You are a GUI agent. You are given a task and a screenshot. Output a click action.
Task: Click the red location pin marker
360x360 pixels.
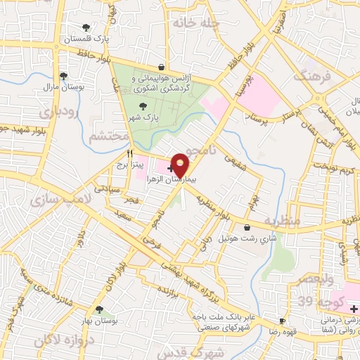(x=181, y=165)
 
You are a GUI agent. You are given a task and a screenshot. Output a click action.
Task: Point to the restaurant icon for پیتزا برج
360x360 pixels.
(x=129, y=153)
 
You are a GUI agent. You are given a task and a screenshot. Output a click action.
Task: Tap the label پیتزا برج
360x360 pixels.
(x=130, y=164)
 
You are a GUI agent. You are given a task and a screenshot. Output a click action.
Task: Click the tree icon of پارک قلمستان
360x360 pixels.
(x=86, y=27)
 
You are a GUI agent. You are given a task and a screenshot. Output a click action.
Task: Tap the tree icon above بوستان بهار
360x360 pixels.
(x=98, y=309)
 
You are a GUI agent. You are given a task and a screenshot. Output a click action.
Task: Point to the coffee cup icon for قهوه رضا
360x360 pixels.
(x=283, y=321)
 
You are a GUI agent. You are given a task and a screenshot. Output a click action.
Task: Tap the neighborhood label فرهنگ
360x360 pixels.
(x=312, y=75)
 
